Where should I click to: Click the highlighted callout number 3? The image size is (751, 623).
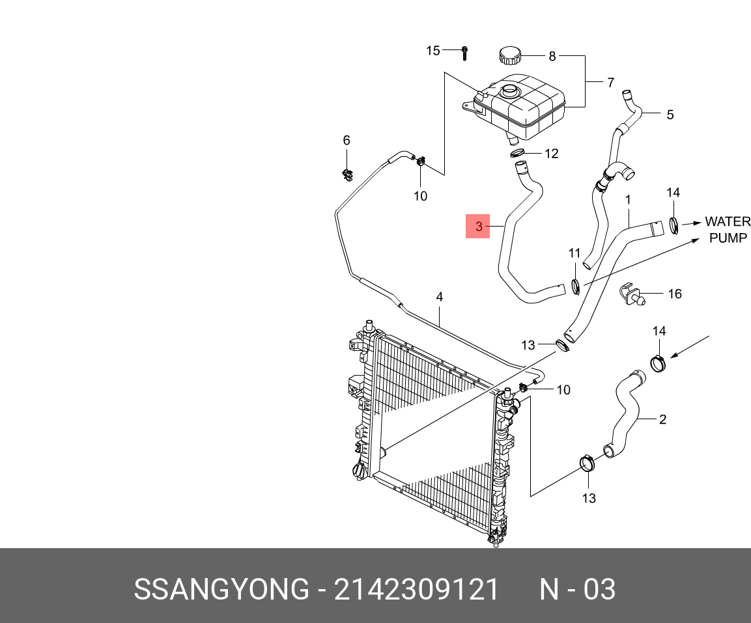pos(477,227)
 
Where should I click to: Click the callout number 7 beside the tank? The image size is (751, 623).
pos(610,83)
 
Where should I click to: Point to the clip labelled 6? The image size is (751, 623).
pos(347,173)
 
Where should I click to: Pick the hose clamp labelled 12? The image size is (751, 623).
pos(518,154)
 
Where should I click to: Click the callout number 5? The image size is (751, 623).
pos(670,115)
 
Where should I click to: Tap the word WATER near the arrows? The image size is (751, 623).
pos(728,222)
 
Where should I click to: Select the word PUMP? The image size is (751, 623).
pos(728,238)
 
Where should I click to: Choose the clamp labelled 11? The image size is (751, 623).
pos(575,286)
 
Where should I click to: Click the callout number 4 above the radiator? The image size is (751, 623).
pos(440,297)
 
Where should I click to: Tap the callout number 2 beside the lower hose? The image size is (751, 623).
pos(662,419)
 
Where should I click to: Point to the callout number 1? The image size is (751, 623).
pos(628,199)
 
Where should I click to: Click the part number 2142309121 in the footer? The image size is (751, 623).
pos(416,590)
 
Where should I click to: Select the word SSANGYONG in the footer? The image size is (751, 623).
pos(221,590)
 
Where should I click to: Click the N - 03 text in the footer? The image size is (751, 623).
pos(577,590)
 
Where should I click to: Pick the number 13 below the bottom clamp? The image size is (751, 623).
pos(589,499)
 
